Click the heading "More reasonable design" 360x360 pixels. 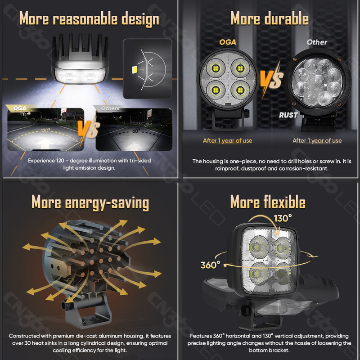coord(89,19)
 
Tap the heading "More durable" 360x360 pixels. coord(269,19)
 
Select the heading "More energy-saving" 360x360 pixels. coord(90,203)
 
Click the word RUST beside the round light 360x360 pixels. coord(288,115)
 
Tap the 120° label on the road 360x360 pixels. coord(45,130)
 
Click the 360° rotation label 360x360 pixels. coord(210,265)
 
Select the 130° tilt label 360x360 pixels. coord(283,219)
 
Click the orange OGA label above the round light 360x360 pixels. coord(228,42)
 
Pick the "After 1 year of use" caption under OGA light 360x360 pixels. coord(227,140)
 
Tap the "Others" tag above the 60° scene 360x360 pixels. coord(110,108)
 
